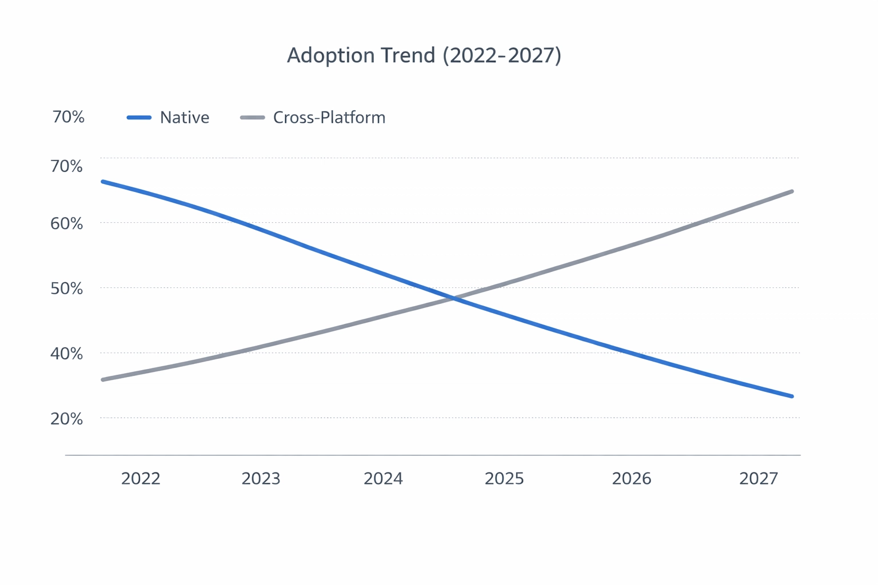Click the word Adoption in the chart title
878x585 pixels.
(x=324, y=55)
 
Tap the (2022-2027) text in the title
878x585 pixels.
(x=502, y=55)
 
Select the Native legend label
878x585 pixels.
(x=185, y=118)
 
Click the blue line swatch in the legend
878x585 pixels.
(x=139, y=118)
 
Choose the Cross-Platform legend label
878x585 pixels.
(x=329, y=118)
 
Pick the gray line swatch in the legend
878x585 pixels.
(x=252, y=118)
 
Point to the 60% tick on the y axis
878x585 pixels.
(x=67, y=223)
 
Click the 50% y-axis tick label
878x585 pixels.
(x=67, y=289)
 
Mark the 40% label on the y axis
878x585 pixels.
(x=67, y=354)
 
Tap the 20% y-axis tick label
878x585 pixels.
(x=67, y=419)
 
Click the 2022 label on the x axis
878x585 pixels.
(x=141, y=478)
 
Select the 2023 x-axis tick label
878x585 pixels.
(x=261, y=478)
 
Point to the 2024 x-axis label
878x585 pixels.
(x=383, y=478)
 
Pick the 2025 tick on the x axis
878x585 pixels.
(x=504, y=478)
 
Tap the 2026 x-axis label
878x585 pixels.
(x=631, y=478)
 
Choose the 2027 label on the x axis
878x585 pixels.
(x=759, y=478)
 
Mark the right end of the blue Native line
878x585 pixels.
(x=791, y=396)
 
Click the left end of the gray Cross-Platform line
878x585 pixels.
(x=103, y=379)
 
